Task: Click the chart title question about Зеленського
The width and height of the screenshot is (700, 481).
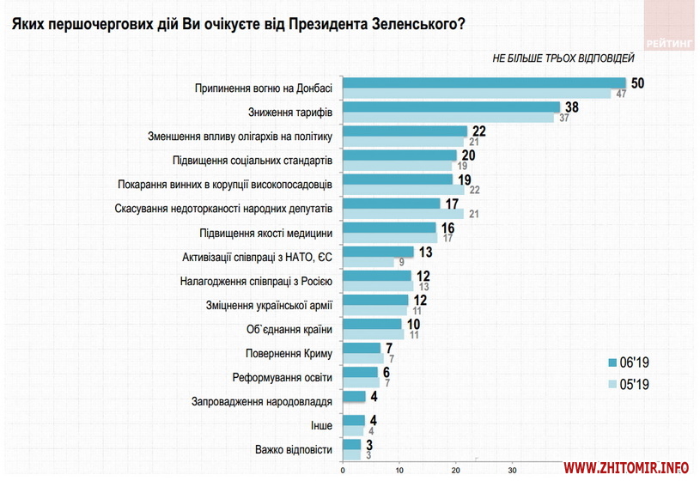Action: (237, 23)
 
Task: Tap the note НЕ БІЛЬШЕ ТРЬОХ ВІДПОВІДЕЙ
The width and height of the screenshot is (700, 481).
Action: (563, 58)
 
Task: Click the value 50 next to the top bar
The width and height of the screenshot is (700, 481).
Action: (637, 83)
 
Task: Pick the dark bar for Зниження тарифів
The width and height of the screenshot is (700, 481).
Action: (451, 107)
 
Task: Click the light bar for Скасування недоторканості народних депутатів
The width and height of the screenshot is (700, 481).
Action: (403, 213)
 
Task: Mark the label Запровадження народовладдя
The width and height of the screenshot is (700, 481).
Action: (263, 401)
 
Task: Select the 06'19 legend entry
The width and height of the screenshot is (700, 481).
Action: (633, 362)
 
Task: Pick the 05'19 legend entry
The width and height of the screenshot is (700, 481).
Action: (633, 384)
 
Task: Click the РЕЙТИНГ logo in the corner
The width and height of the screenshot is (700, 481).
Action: (671, 40)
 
